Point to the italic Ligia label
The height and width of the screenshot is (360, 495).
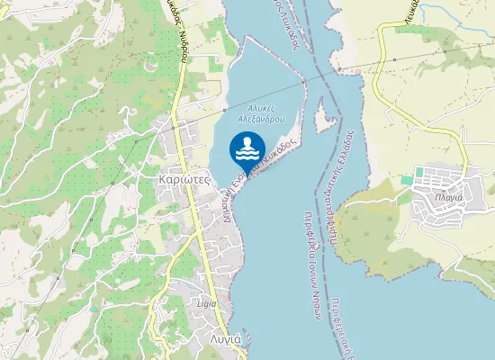pos(206,303)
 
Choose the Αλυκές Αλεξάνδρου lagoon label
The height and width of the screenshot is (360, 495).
pos(262,111)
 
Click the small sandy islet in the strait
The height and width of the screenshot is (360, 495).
pos(324,117)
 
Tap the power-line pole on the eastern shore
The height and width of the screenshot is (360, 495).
pos(339,68)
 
